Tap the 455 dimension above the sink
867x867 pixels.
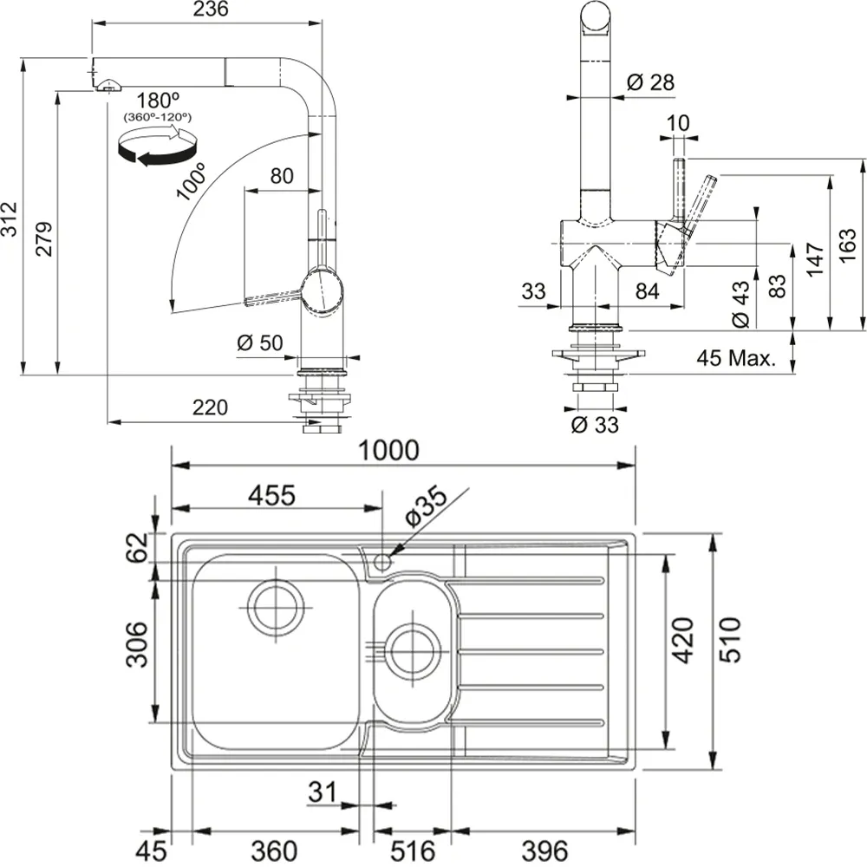coord(272,495)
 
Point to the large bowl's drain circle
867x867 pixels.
coord(276,606)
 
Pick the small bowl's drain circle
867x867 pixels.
coord(410,649)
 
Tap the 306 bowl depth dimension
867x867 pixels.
coord(137,646)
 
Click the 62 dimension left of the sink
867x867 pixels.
coord(138,547)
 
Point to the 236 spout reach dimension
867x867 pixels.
coord(211,10)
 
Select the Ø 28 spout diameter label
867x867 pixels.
coord(649,81)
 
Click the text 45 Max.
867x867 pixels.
coord(737,358)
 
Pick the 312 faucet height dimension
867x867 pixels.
coord(10,220)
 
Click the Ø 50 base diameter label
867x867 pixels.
coord(259,342)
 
